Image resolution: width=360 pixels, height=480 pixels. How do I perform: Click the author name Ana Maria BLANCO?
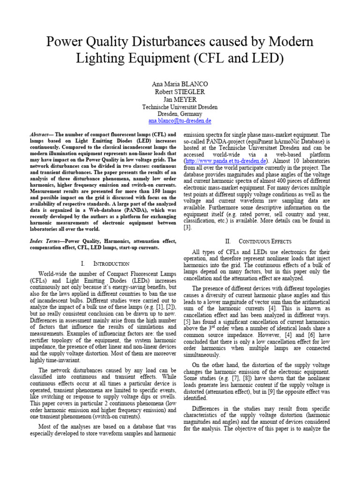click(x=180, y=84)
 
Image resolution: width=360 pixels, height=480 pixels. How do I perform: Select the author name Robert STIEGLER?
click(x=180, y=92)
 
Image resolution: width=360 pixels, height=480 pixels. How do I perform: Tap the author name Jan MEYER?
click(x=180, y=99)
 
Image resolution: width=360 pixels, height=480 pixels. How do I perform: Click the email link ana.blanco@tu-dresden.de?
click(x=180, y=121)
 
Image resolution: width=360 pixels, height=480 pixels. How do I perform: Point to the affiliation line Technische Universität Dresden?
click(x=180, y=107)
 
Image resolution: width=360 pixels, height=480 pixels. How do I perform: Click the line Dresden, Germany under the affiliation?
click(x=180, y=114)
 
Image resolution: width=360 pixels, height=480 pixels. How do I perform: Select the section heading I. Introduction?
click(x=103, y=264)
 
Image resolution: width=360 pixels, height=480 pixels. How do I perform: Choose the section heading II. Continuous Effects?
click(x=258, y=241)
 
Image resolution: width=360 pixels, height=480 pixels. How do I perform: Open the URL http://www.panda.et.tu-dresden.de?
click(x=225, y=161)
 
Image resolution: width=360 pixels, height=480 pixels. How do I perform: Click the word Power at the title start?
click(x=64, y=43)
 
